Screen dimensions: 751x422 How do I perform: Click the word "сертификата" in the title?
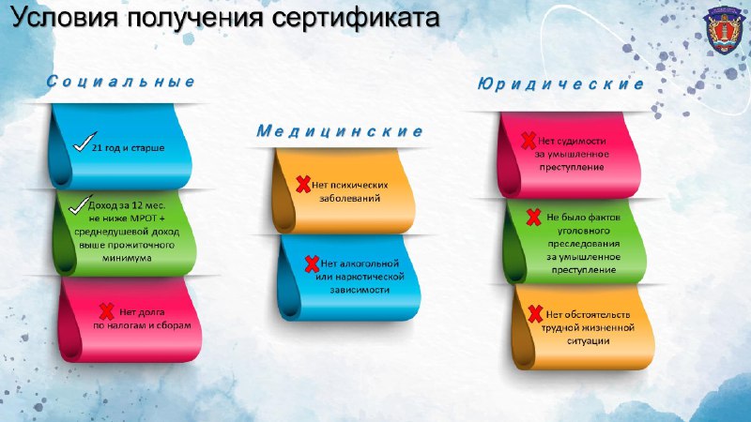356,18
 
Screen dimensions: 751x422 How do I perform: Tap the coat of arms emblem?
722,31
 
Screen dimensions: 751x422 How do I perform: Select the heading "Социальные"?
121,82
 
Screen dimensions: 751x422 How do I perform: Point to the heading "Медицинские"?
340,131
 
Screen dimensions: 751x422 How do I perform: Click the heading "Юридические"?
560,84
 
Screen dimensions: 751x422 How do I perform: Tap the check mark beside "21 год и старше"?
84,143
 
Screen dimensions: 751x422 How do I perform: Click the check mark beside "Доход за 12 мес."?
80,204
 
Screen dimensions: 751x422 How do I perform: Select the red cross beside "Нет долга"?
106,311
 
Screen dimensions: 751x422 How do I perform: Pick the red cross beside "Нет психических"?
303,184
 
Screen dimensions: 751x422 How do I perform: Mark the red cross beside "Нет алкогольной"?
313,264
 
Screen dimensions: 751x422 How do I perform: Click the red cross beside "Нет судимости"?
529,141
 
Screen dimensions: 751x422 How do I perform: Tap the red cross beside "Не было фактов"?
533,217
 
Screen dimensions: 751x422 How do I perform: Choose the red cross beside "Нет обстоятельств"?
535,314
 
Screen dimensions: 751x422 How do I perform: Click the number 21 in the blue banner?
97,148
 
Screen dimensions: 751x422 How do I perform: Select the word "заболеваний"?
349,198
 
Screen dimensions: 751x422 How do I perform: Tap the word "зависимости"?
360,290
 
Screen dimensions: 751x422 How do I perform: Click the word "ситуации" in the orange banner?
589,341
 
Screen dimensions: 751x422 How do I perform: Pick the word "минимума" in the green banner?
127,259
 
